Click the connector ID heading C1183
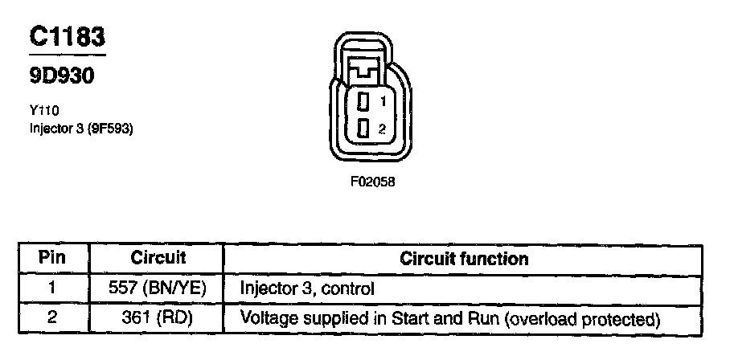tap(68, 37)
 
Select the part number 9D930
tap(62, 76)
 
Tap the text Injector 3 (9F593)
tap(80, 129)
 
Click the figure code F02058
tap(372, 182)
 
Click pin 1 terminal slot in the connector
tap(363, 102)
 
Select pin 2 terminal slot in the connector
tap(363, 129)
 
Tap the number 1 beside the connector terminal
tap(383, 102)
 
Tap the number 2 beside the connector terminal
tap(383, 129)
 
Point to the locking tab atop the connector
tap(371, 68)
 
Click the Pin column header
tap(52, 259)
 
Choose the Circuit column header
tap(158, 259)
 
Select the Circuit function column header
tap(464, 259)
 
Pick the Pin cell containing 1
tap(52, 288)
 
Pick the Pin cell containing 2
tap(52, 318)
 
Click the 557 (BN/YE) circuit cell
tap(158, 288)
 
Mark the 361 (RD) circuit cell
tap(158, 318)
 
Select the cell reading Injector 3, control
tap(308, 288)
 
